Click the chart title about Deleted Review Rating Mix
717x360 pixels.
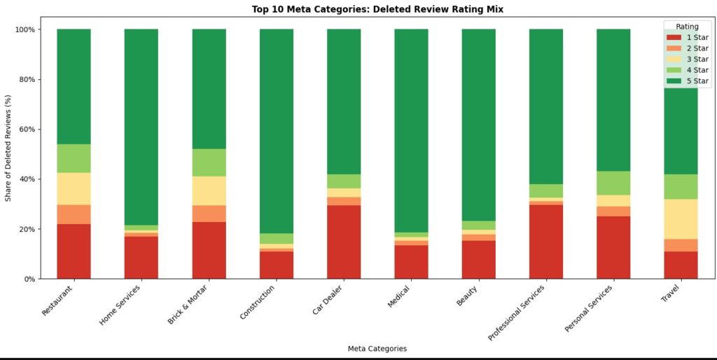pyautogui.click(x=377, y=9)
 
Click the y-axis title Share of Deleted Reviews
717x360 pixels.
pyautogui.click(x=8, y=154)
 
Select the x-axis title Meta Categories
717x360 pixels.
pyautogui.click(x=377, y=348)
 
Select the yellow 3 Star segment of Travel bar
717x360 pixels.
pyautogui.click(x=681, y=219)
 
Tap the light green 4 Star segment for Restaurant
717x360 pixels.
pyautogui.click(x=74, y=158)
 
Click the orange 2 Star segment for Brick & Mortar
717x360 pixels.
pyautogui.click(x=209, y=213)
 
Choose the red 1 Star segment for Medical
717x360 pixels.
pyautogui.click(x=411, y=261)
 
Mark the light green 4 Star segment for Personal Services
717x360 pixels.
pyautogui.click(x=613, y=183)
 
